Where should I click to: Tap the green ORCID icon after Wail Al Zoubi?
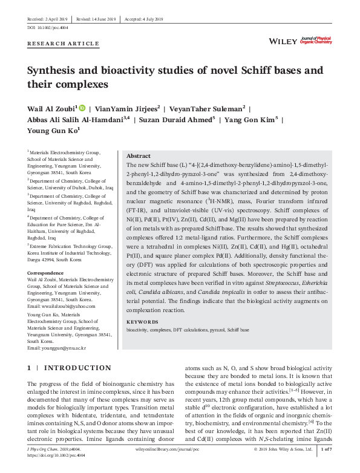coord(82,108)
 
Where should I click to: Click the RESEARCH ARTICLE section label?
coord(63,44)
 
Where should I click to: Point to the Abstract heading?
coord(138,155)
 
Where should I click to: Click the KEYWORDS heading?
coord(142,322)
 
